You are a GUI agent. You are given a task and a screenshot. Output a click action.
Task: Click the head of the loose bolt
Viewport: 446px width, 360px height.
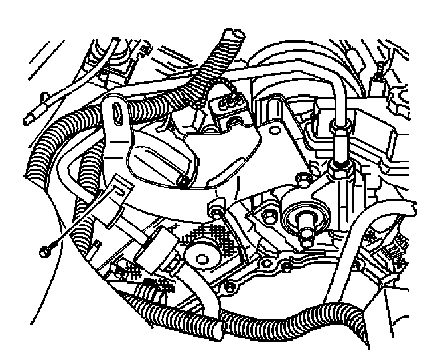coord(45,252)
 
